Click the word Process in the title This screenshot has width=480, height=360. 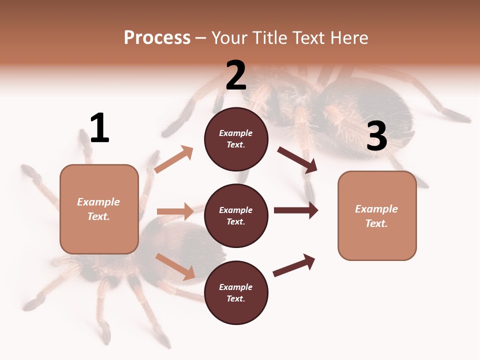pyautogui.click(x=157, y=38)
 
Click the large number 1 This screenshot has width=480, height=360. pyautogui.click(x=99, y=128)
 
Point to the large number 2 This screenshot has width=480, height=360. pyautogui.click(x=236, y=75)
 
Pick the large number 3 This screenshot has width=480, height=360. pyautogui.click(x=376, y=136)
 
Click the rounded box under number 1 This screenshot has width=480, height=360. pyautogui.click(x=99, y=209)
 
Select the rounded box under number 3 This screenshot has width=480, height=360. pyautogui.click(x=377, y=216)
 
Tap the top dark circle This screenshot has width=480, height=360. pyautogui.click(x=236, y=139)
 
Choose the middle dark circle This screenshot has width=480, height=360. pyautogui.click(x=236, y=216)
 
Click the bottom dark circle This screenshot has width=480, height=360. pyautogui.click(x=236, y=293)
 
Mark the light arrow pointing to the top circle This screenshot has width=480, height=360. pyautogui.click(x=173, y=159)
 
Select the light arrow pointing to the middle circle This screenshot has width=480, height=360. pyautogui.click(x=175, y=211)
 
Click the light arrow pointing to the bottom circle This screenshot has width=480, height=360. pyautogui.click(x=175, y=266)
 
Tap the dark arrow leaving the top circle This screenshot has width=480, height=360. pyautogui.click(x=297, y=160)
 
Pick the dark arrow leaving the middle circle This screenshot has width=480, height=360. pyautogui.click(x=296, y=210)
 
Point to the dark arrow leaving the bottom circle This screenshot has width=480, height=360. pyautogui.click(x=294, y=265)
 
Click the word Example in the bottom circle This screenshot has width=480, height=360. pyautogui.click(x=236, y=287)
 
